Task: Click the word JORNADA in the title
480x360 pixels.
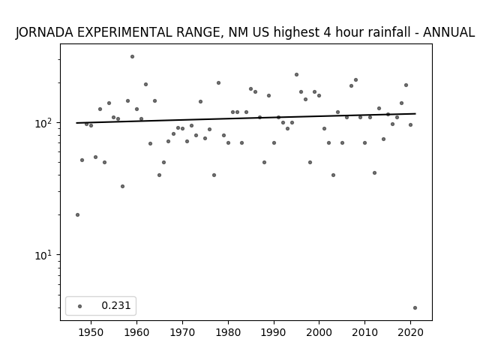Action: [44, 32]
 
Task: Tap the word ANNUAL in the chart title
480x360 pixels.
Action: [448, 32]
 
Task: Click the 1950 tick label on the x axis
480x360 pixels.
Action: [91, 332]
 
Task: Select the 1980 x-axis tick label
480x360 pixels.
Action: [228, 332]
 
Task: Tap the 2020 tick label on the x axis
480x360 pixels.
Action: [410, 332]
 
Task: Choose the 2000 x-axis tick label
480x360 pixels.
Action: [319, 332]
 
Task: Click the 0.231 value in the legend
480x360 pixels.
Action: [116, 305]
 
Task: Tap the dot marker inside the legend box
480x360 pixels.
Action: [80, 306]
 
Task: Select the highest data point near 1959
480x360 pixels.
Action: [132, 57]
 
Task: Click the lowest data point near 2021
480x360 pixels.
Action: [415, 308]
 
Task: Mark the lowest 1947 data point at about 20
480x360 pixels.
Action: [77, 215]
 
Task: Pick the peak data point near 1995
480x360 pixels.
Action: [297, 75]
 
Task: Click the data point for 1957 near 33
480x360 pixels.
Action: [122, 187]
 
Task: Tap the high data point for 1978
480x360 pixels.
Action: [218, 83]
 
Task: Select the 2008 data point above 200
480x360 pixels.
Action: [355, 80]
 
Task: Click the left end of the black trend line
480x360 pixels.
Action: [76, 123]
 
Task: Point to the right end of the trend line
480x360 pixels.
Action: [415, 113]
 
